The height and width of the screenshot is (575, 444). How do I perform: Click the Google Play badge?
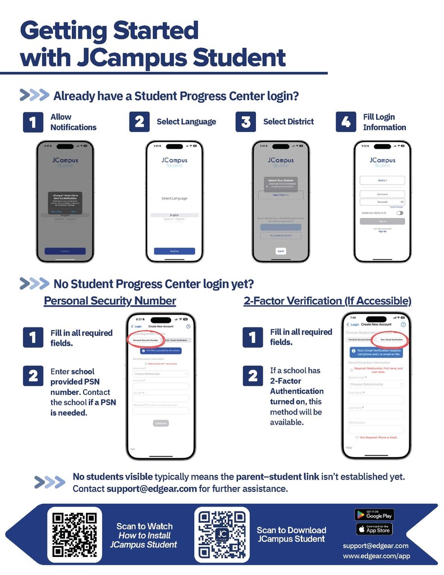(373, 514)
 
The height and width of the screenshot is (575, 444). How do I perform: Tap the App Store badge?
(373, 529)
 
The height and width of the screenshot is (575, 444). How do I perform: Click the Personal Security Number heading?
(110, 301)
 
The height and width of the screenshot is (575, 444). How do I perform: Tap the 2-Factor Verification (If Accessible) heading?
(327, 301)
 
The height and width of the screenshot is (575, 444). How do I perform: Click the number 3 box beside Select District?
(245, 122)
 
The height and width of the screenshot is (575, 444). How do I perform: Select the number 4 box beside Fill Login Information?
(346, 122)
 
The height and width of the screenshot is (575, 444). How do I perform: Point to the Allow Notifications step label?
(73, 122)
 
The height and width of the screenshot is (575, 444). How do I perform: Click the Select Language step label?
(186, 122)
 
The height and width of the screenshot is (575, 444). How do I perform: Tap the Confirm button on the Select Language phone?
(175, 251)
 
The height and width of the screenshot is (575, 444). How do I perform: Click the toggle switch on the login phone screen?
(399, 213)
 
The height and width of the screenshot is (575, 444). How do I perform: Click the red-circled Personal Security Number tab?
(145, 340)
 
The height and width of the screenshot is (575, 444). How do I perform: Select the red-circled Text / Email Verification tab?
(391, 340)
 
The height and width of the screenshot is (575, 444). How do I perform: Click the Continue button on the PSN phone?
(161, 423)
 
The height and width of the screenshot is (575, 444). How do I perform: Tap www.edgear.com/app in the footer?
(376, 556)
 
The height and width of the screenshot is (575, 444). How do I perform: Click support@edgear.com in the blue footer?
(376, 545)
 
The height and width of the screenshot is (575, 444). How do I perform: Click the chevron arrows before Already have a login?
(34, 95)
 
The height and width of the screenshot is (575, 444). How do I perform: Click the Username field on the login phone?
(382, 194)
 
